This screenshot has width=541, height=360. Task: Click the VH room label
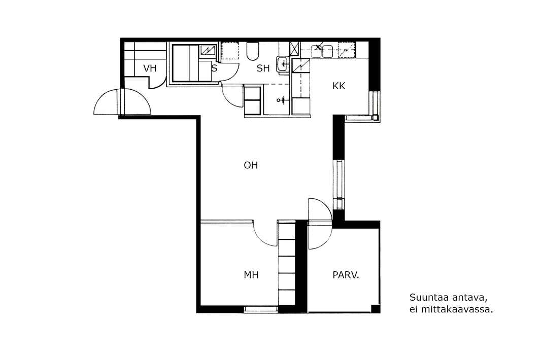click(x=150, y=68)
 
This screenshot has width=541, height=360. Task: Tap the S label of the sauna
click(x=214, y=68)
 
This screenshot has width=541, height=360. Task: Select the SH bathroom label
click(x=263, y=68)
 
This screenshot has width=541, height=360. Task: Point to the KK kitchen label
click(x=339, y=86)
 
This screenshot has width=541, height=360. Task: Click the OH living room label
click(x=251, y=165)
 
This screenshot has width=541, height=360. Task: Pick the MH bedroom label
click(x=251, y=275)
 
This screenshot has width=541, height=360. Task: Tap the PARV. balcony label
click(x=346, y=275)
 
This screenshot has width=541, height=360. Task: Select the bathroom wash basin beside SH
click(x=283, y=64)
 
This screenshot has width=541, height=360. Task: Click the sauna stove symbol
click(x=208, y=50)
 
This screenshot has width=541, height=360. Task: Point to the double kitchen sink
click(x=322, y=51)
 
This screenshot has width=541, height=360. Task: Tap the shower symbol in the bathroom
click(x=281, y=100)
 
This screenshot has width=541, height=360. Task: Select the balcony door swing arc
click(x=324, y=207)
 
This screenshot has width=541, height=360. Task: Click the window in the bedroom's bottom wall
click(x=261, y=309)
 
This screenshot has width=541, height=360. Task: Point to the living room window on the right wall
click(x=339, y=185)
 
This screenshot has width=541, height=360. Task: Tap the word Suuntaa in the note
click(x=428, y=297)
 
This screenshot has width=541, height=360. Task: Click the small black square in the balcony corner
click(x=376, y=308)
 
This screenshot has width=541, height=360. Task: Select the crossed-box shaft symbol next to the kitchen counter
click(x=295, y=49)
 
